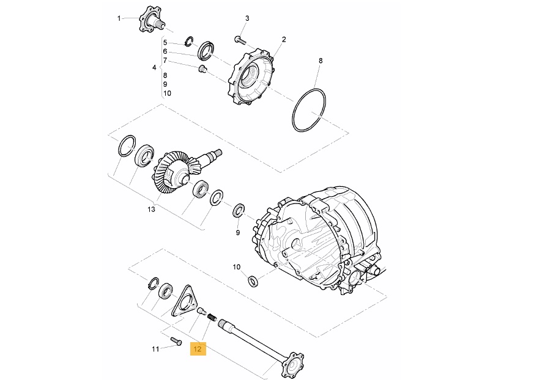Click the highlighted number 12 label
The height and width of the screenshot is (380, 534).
pos(198,349)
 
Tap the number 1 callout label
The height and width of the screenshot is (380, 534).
pos(119,18)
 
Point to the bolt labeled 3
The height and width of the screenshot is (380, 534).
pos(240,40)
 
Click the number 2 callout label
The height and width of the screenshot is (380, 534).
pos(284,40)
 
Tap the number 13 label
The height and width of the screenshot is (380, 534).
pos(151,209)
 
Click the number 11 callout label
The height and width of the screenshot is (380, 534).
pos(155,349)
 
